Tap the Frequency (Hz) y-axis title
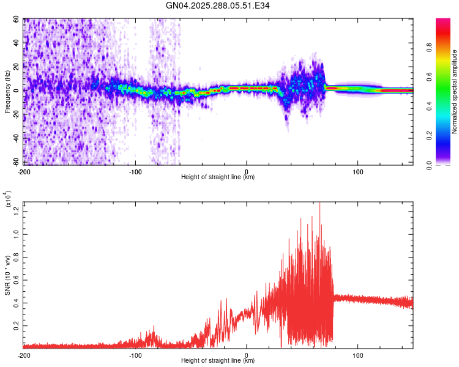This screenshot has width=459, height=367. point(7,92)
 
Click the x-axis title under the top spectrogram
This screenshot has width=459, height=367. point(218,177)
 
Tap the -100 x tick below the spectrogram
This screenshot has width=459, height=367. point(135,171)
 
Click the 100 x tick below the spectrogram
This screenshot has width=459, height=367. point(357,171)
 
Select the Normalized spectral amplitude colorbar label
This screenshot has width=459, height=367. point(454,92)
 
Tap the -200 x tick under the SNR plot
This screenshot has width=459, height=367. point(24,355)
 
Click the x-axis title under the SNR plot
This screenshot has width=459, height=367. point(218,361)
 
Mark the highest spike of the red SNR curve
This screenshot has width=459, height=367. point(319,204)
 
